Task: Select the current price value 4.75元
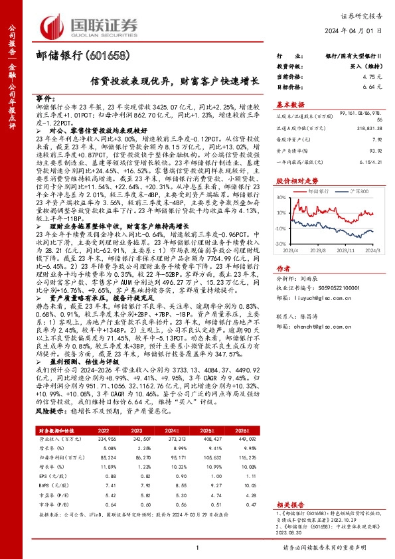pos(372,77)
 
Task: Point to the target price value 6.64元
pos(372,87)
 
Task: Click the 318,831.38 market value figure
pos(368,129)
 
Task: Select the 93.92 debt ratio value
pos(376,149)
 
